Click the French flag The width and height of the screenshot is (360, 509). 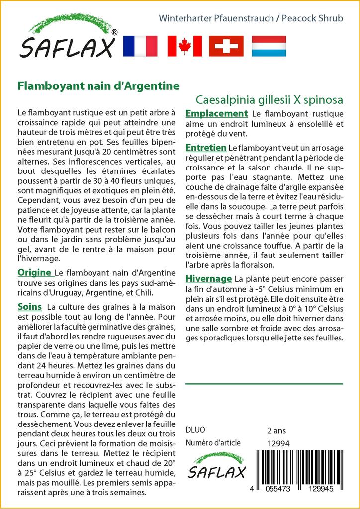click(140, 46)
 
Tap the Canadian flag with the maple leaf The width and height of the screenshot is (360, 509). click(184, 46)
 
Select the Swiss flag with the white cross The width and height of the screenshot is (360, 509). click(226, 46)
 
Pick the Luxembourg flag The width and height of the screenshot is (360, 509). click(269, 46)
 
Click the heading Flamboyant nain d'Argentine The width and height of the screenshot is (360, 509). click(98, 85)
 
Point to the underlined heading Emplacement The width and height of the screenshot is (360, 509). click(216, 114)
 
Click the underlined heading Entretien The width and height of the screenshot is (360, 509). click(206, 148)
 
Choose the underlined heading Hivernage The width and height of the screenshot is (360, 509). click(208, 279)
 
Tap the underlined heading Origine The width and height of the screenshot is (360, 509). click(34, 272)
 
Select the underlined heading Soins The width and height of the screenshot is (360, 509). click(29, 306)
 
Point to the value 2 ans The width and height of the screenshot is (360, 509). click(276, 430)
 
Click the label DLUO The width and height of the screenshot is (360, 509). click(195, 430)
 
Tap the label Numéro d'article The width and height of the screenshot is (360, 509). click(213, 443)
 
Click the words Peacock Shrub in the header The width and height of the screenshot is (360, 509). click(312, 18)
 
